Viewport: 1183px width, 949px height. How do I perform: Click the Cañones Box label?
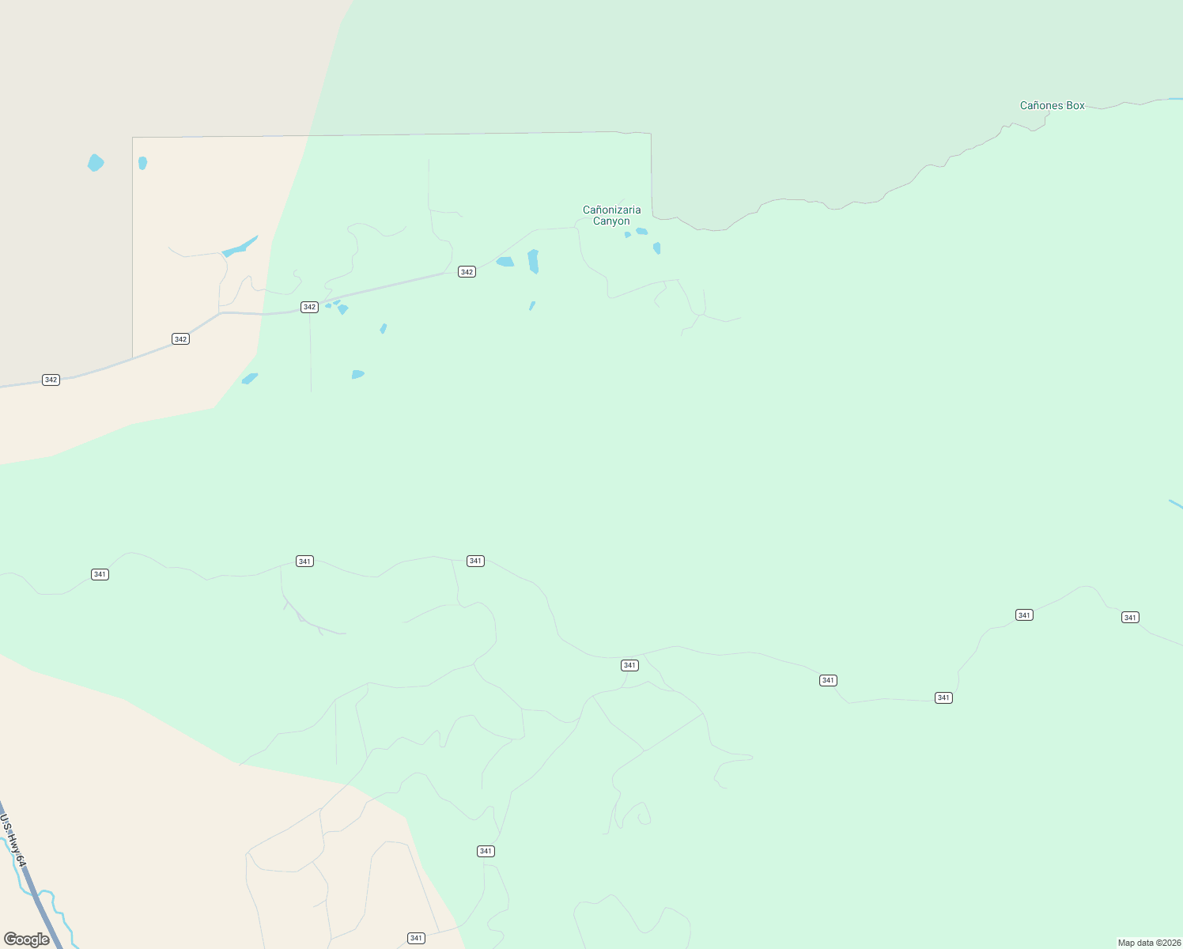(x=1052, y=105)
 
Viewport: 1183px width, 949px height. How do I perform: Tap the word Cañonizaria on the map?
(x=611, y=210)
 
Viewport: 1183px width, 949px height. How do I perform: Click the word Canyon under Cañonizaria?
(x=611, y=221)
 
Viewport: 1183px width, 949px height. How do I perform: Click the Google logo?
(x=27, y=940)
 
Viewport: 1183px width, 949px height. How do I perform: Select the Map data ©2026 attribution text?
(x=1148, y=943)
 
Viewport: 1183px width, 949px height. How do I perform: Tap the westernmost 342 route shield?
(x=51, y=380)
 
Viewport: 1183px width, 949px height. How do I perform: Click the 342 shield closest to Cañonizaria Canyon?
(x=467, y=272)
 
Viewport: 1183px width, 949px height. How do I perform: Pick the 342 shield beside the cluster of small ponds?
(x=309, y=307)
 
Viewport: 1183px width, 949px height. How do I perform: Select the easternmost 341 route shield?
(x=1130, y=618)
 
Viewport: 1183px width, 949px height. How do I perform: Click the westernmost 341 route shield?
(x=100, y=574)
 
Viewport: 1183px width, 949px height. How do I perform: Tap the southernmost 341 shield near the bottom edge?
(x=416, y=938)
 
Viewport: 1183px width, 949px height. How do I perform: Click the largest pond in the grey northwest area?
(x=95, y=163)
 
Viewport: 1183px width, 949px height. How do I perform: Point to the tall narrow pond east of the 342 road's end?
(x=533, y=261)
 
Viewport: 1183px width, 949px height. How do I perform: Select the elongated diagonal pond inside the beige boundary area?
(x=240, y=247)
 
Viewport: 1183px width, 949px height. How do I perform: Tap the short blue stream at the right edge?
(x=1176, y=503)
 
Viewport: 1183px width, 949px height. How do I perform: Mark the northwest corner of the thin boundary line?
(x=133, y=138)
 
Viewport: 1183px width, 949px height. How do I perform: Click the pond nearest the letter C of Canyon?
(x=628, y=235)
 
